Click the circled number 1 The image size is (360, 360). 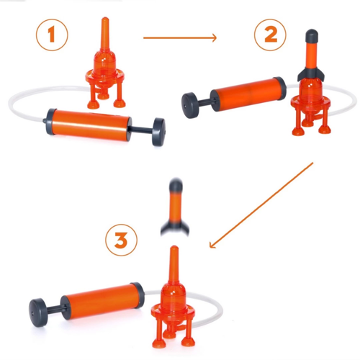point(52,35)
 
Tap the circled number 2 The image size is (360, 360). point(270,35)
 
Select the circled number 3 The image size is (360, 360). point(122,240)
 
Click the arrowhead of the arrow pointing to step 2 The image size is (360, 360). point(214,37)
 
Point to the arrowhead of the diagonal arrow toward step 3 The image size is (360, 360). point(212,245)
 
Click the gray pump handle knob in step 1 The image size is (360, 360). point(158,132)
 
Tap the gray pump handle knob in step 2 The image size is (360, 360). point(191,105)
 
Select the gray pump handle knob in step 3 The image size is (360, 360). point(38,312)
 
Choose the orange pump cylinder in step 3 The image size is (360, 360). point(102,301)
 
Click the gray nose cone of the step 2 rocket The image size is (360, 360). point(311,35)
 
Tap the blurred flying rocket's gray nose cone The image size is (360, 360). point(176,185)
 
